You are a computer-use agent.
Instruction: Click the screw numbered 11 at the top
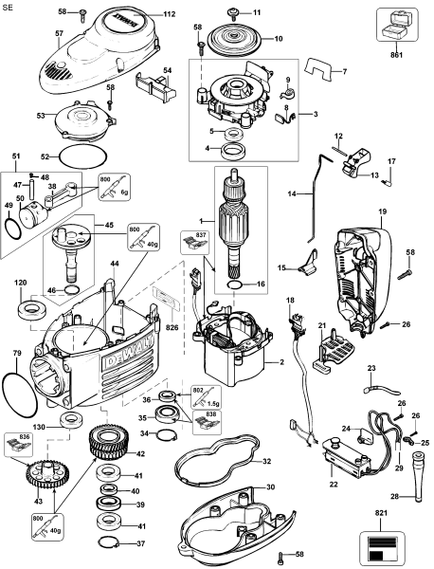(233, 12)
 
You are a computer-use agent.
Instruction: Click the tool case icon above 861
(397, 26)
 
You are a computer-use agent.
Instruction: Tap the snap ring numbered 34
(166, 433)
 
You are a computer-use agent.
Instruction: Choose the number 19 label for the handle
(382, 211)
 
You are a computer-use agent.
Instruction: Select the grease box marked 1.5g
(207, 397)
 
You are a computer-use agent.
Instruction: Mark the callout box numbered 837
(195, 243)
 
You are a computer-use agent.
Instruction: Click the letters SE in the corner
(8, 8)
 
